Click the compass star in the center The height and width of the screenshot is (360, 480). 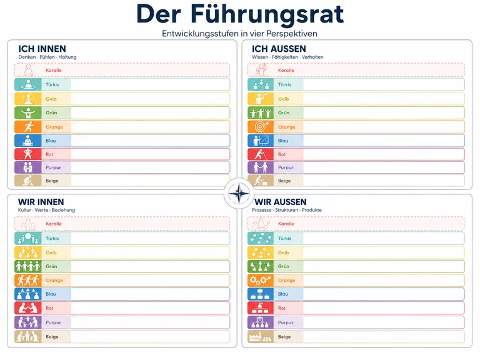click(x=239, y=193)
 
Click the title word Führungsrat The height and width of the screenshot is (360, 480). click(x=267, y=14)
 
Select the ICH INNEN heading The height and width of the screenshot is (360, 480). click(x=42, y=49)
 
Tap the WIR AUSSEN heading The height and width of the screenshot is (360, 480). click(x=281, y=202)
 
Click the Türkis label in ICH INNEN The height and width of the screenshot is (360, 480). click(x=52, y=84)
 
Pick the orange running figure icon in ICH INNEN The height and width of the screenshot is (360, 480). click(x=28, y=127)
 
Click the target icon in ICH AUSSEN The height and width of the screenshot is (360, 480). click(x=261, y=127)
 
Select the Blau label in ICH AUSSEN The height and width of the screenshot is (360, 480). click(x=283, y=141)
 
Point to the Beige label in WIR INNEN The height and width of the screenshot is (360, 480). click(x=52, y=337)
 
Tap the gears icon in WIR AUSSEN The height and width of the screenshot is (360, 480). click(x=261, y=280)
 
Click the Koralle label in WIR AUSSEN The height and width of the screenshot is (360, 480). click(x=286, y=224)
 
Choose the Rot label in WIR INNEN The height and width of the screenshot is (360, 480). click(x=49, y=308)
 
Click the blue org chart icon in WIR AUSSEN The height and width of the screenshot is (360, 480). click(x=261, y=294)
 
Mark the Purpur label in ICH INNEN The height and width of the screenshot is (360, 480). click(x=53, y=167)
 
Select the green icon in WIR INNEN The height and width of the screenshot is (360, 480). click(x=28, y=266)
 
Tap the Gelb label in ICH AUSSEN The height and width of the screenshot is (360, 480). click(x=284, y=99)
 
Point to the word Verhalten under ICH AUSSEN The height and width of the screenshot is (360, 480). click(x=312, y=57)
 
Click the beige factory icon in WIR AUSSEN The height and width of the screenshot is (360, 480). click(x=261, y=337)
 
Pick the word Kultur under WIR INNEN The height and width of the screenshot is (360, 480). click(x=24, y=210)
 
